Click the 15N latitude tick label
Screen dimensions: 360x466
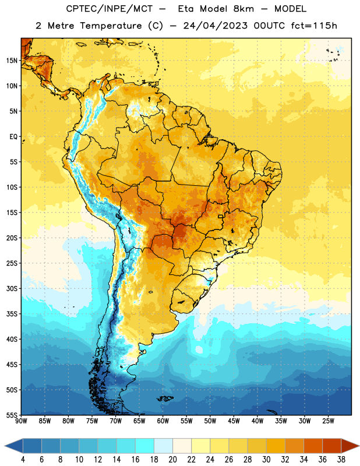pyautogui.click(x=12, y=61)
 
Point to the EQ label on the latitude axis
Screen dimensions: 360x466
pyautogui.click(x=13, y=137)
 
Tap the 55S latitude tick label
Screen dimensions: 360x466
pyautogui.click(x=12, y=415)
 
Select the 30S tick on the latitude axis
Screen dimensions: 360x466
pyautogui.click(x=12, y=288)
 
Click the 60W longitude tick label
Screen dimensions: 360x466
pyautogui.click(x=163, y=421)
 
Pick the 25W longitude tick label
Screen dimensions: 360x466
pyautogui.click(x=328, y=421)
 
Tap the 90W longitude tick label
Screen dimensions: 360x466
pyautogui.click(x=21, y=421)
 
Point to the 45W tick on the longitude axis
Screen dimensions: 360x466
pyautogui.click(x=234, y=421)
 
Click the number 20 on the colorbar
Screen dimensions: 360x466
pyautogui.click(x=172, y=460)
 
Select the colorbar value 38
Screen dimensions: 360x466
pyautogui.click(x=341, y=460)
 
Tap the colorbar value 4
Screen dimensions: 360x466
pyautogui.click(x=23, y=460)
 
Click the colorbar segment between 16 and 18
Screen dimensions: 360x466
pyautogui.click(x=145, y=446)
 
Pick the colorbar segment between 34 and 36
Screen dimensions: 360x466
pyautogui.click(x=313, y=446)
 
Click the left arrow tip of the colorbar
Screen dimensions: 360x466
pyautogui.click(x=5, y=446)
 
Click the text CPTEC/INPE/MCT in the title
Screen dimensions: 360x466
pyautogui.click(x=109, y=9)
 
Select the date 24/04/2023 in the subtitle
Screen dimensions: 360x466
pyautogui.click(x=215, y=26)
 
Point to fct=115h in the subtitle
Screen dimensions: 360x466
pyautogui.click(x=314, y=26)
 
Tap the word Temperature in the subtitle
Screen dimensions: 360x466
pyautogui.click(x=111, y=26)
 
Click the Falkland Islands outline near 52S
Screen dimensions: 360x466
pyautogui.click(x=165, y=398)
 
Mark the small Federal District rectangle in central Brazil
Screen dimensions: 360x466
pyautogui.click(x=221, y=216)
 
